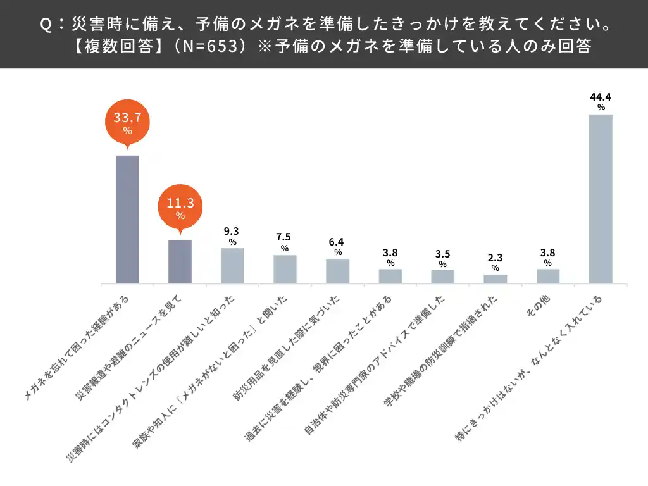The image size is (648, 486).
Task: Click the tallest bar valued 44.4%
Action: (601, 199)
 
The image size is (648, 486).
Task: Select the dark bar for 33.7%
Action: (127, 219)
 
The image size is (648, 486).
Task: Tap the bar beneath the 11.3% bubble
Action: (180, 262)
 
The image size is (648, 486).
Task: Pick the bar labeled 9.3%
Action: (232, 266)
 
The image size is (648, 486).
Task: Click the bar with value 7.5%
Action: (285, 269)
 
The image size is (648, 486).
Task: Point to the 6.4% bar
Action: (337, 271)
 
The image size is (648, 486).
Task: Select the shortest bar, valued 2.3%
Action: (495, 279)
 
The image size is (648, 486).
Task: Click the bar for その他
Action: (548, 277)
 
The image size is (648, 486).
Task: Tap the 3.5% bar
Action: (443, 277)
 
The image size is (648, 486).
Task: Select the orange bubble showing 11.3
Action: (180, 207)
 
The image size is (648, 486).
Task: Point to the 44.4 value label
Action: (601, 97)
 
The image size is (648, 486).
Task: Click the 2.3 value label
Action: (495, 258)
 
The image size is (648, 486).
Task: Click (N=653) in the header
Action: (206, 47)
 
